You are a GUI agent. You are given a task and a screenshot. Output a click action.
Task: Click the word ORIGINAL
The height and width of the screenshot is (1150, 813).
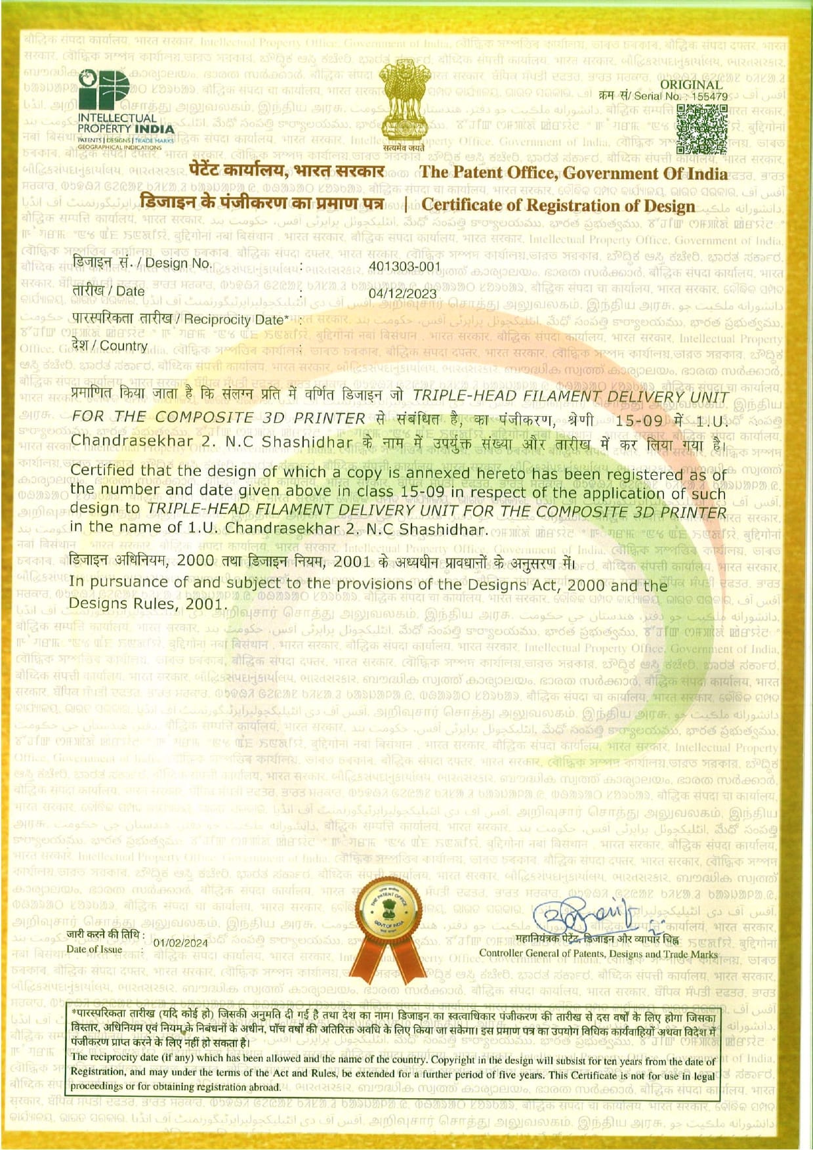690,84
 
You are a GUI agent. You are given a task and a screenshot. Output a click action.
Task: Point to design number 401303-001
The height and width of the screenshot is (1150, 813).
404,266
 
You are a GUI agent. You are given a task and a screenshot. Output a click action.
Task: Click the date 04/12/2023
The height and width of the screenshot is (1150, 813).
402,293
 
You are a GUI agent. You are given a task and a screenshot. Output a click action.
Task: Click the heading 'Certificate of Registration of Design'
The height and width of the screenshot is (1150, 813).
558,205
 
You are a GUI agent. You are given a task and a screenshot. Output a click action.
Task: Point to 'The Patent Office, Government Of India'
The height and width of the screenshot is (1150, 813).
573,173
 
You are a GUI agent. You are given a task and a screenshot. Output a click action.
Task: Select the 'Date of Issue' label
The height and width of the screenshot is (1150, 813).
94,949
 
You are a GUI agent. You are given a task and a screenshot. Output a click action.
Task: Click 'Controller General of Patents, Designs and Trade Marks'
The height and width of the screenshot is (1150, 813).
598,954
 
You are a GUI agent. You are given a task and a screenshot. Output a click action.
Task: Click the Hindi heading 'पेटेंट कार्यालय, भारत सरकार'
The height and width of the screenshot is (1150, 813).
286,172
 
